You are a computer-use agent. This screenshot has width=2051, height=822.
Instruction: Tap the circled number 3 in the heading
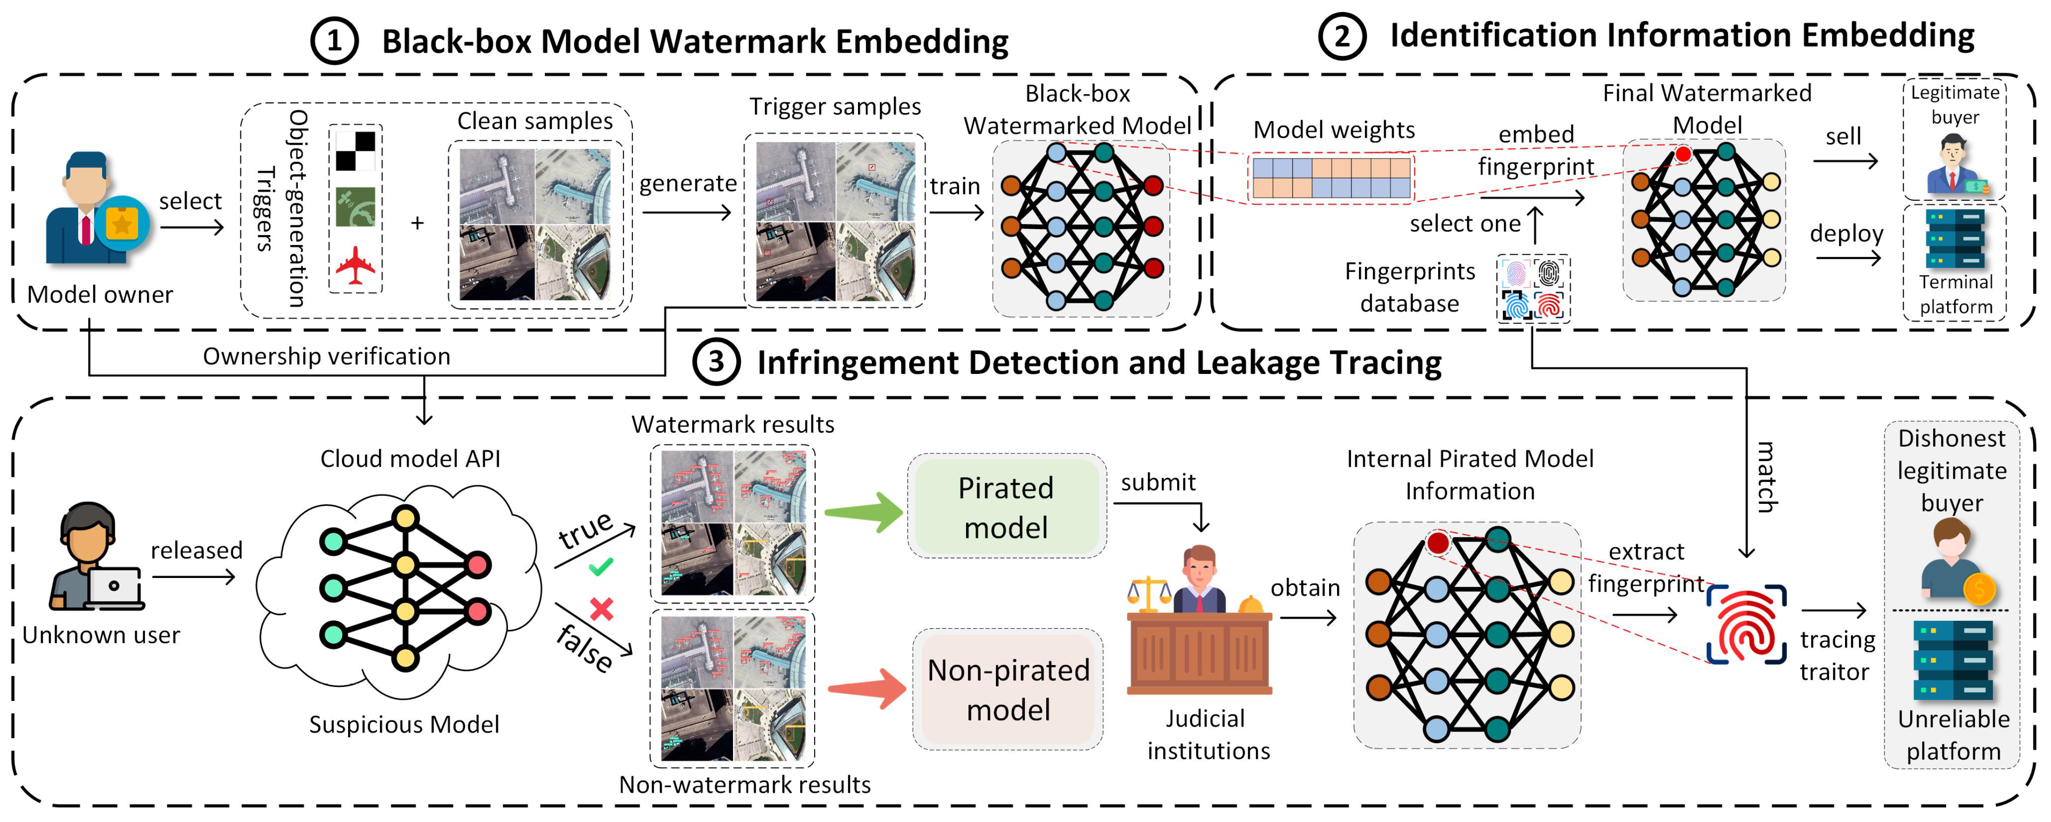[x=716, y=362]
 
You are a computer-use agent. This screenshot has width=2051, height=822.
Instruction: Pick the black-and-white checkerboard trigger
[x=355, y=151]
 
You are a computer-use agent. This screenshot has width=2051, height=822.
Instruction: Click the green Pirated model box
[x=1006, y=507]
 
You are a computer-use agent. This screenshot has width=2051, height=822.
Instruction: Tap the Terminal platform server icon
[x=1955, y=239]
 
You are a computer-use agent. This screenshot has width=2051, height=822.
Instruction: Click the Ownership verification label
[x=326, y=356]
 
